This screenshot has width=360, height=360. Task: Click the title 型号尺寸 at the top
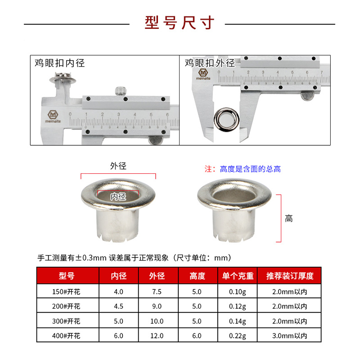click(180, 22)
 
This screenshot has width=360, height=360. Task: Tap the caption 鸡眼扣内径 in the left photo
click(59, 63)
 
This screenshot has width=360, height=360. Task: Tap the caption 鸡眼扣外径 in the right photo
click(210, 63)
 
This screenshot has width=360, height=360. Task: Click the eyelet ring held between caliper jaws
click(225, 117)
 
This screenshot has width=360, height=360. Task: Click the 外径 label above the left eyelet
click(118, 166)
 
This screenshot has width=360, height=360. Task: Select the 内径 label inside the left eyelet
click(118, 196)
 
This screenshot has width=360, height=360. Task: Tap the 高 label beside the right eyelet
click(289, 219)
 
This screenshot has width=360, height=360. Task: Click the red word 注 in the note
click(208, 169)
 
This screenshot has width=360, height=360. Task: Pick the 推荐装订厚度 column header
click(290, 276)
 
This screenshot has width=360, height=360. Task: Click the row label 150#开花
click(67, 292)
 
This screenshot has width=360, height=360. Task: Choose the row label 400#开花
click(67, 335)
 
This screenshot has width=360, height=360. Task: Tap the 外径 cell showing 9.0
click(157, 306)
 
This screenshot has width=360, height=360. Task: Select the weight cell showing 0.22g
click(238, 335)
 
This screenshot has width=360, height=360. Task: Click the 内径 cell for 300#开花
click(118, 321)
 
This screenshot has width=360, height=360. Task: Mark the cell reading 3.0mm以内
click(290, 335)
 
